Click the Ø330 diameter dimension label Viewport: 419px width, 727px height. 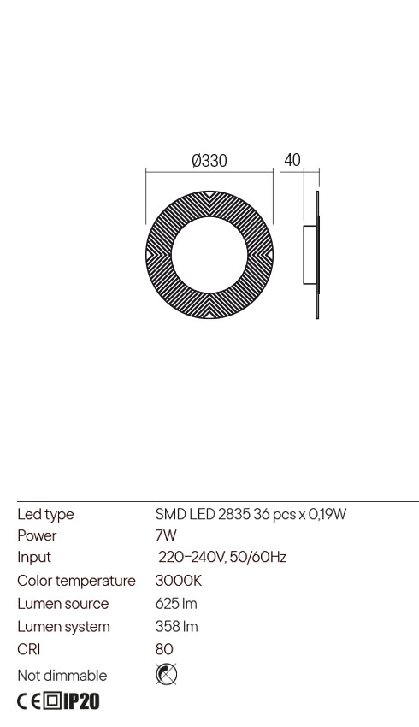209,161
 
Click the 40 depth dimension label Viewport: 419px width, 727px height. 292,160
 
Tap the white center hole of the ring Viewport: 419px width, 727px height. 209,255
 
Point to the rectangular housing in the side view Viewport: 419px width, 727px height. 310,255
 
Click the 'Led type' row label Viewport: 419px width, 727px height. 45,514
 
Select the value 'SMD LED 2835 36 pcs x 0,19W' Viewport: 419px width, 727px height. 251,514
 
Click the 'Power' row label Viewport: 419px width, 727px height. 37,535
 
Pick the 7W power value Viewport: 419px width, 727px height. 166,535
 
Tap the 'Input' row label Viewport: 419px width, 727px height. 34,557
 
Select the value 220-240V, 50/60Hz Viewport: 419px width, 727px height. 222,557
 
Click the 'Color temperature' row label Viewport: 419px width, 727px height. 76,581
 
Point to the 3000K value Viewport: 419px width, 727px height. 178,581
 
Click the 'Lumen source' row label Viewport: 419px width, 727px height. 63,604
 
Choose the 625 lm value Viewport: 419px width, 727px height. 176,604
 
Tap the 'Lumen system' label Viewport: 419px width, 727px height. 63,627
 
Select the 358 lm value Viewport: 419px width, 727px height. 176,627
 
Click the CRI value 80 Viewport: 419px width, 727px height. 164,649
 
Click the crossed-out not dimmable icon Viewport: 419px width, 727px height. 167,675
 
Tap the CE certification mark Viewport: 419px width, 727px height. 28,702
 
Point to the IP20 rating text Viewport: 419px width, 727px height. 82,702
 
